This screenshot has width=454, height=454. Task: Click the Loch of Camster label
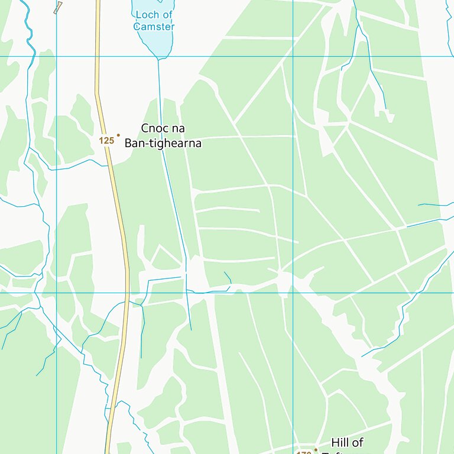click(154, 21)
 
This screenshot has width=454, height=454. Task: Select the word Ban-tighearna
click(163, 143)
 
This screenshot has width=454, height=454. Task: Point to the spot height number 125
click(106, 141)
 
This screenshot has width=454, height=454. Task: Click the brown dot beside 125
click(118, 135)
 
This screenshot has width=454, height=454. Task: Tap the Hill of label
click(347, 443)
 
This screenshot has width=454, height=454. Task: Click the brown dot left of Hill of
click(316, 449)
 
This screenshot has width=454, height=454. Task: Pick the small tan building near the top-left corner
click(58, 8)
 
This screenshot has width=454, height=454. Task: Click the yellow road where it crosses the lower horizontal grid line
click(127, 292)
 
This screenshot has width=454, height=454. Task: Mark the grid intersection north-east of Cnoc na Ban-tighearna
click(293, 56)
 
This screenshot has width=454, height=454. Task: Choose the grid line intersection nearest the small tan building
click(56, 56)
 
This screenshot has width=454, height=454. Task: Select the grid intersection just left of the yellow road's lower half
click(56, 292)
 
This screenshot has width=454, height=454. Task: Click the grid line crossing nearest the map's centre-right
click(293, 292)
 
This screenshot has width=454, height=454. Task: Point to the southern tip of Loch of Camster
click(158, 59)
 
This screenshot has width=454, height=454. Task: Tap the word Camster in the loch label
click(154, 27)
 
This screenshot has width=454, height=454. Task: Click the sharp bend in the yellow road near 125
click(97, 93)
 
